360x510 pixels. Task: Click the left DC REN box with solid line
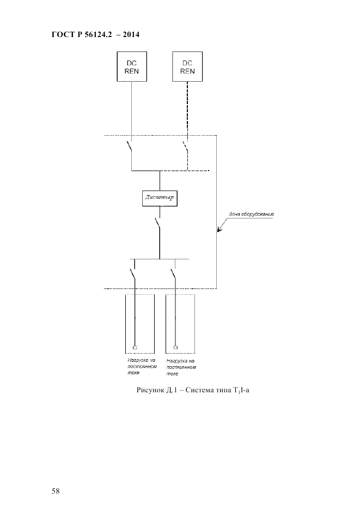131,66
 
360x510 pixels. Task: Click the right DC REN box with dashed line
187,66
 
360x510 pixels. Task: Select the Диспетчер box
159,198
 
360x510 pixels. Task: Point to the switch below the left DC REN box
130,147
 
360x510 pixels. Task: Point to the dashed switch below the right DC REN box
186,147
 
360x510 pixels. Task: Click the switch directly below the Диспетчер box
158,223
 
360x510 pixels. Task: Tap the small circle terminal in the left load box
135,347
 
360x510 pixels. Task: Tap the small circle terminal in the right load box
175,347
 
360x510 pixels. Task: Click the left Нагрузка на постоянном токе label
139,366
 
